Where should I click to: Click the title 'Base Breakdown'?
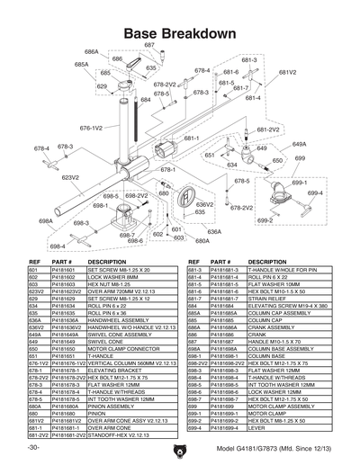coord(180,32)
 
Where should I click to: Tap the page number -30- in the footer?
coord(33,447)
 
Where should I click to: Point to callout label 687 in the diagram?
coord(149,45)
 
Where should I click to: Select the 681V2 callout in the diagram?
coord(287,72)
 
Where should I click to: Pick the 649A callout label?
coord(300,144)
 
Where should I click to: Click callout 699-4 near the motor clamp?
coord(314,192)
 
